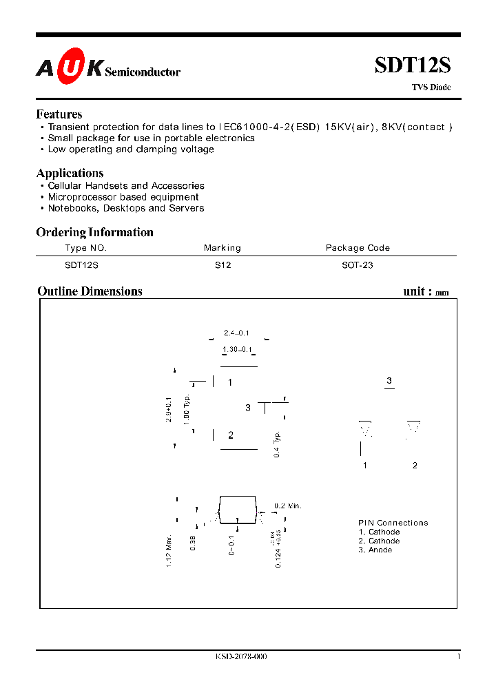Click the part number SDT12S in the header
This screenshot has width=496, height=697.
pos(413,65)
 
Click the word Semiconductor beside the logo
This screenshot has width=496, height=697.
pos(143,72)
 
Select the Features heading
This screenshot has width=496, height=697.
pos(59,114)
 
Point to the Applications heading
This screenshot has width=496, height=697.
pos(70,173)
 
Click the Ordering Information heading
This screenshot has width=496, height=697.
pos(94,232)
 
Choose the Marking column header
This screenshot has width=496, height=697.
pos(223,248)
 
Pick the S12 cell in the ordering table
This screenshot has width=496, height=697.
pos(223,264)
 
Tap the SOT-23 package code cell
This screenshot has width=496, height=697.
pos(358,264)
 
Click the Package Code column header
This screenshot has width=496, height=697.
pos(358,248)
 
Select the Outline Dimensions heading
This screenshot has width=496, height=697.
pos(90,291)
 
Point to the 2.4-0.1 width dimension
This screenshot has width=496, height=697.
pos(236,333)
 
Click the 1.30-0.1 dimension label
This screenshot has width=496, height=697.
pos(236,350)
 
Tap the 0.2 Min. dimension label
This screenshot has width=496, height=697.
pos(288,506)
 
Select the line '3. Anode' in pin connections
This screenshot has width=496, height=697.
pos(375,550)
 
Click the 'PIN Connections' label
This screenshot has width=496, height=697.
pos(393,523)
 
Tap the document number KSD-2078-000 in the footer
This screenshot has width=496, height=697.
pos(241,657)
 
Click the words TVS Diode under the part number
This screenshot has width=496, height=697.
pos(431,87)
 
